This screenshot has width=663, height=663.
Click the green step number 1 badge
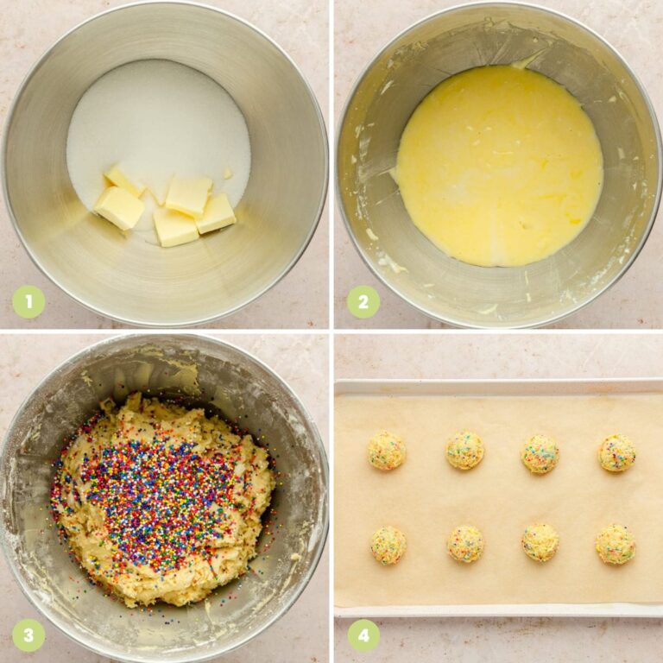pyautogui.click(x=28, y=302)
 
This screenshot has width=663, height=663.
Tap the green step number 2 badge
pyautogui.click(x=363, y=302)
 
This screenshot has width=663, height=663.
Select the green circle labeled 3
pyautogui.click(x=28, y=635)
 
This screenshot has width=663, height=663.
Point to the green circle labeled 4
pyautogui.click(x=363, y=635)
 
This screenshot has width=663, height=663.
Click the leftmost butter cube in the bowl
pyautogui.click(x=119, y=207)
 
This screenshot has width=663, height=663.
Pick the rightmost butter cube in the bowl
pyautogui.click(x=216, y=212)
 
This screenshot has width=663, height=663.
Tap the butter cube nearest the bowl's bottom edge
pyautogui.click(x=175, y=228)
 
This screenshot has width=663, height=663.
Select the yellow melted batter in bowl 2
pyautogui.click(x=499, y=164)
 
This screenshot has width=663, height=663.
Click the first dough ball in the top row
pyautogui.click(x=387, y=451)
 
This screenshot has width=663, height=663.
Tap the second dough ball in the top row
pyautogui.click(x=464, y=451)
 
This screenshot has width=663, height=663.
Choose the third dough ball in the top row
pyautogui.click(x=540, y=454)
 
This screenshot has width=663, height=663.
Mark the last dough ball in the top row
pyautogui.click(x=617, y=452)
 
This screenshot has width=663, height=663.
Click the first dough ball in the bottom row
pyautogui.click(x=388, y=545)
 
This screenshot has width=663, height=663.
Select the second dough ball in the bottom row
pyautogui.click(x=465, y=544)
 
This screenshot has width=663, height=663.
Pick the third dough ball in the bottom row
pyautogui.click(x=540, y=542)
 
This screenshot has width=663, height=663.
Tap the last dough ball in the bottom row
pyautogui.click(x=616, y=545)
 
